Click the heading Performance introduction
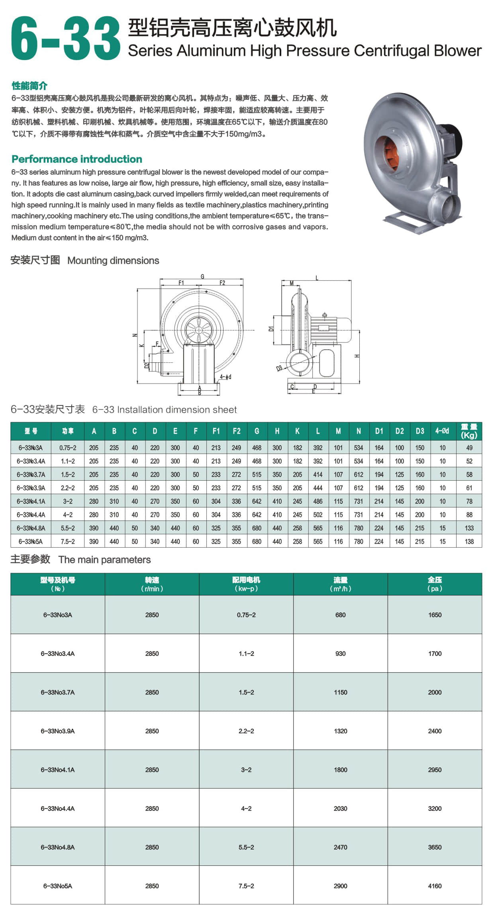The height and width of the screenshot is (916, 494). click(77, 159)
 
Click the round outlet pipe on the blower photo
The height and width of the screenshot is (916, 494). click(449, 206)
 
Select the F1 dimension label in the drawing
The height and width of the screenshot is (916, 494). click(181, 283)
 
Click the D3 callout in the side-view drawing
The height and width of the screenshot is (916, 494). click(279, 368)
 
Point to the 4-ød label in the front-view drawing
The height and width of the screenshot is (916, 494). click(225, 377)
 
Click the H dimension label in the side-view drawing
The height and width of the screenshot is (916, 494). click(357, 356)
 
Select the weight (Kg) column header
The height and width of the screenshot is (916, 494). click(469, 431)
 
